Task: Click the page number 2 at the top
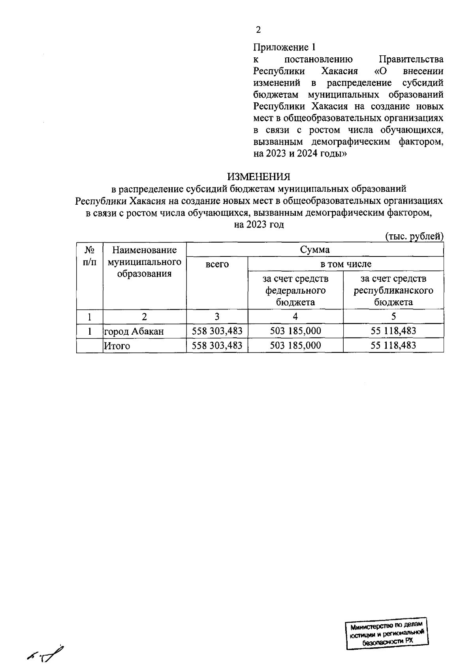click(x=258, y=30)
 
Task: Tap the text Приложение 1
click(x=284, y=47)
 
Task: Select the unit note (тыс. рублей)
click(x=414, y=236)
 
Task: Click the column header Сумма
click(x=315, y=250)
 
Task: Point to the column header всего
click(x=217, y=264)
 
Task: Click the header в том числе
click(x=346, y=264)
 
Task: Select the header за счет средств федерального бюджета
click(x=295, y=290)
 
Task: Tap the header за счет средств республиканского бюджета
click(x=393, y=290)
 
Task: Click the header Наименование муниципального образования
click(x=144, y=262)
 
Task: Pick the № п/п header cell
click(x=90, y=256)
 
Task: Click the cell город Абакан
click(x=134, y=332)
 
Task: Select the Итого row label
click(x=117, y=346)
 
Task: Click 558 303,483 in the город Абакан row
click(x=217, y=331)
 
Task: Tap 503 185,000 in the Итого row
click(x=295, y=345)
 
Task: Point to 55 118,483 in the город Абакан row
click(x=393, y=331)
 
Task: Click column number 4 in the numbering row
click(x=295, y=317)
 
